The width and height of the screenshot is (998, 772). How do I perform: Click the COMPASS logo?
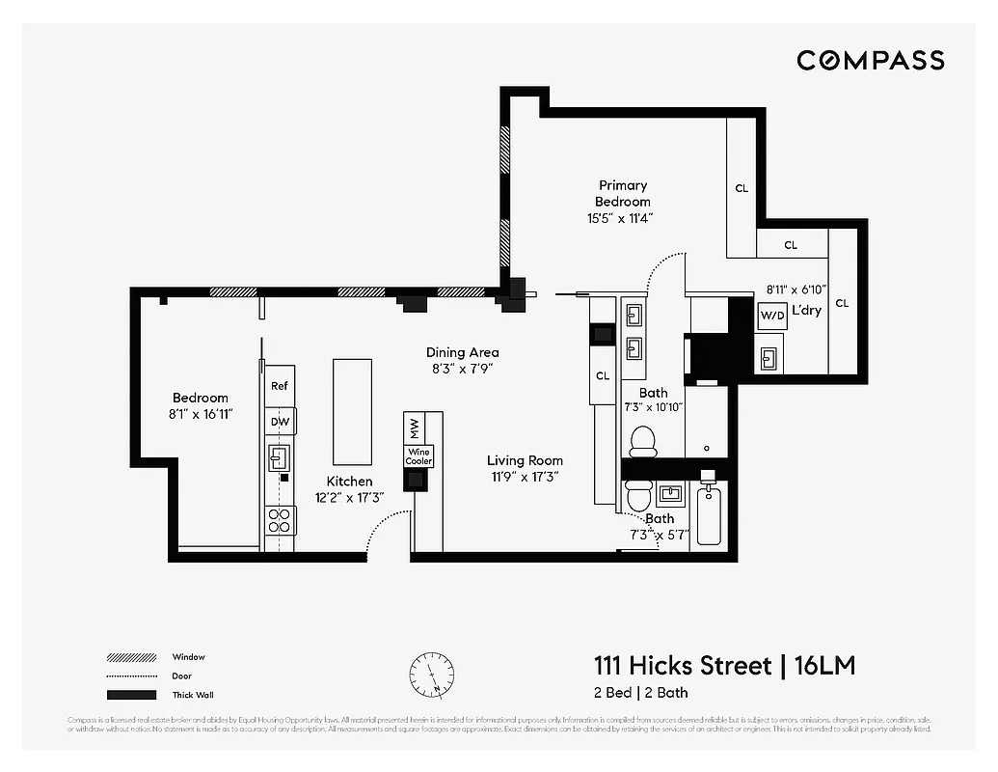tap(870, 61)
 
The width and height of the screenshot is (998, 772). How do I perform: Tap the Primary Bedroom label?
tap(623, 193)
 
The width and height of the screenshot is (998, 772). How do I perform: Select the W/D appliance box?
tap(772, 316)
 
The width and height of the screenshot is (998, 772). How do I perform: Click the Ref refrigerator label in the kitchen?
tap(279, 386)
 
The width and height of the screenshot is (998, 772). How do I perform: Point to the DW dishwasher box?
tap(280, 422)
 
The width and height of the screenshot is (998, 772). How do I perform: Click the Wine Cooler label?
tap(418, 456)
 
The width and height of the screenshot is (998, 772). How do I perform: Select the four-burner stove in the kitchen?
tap(280, 520)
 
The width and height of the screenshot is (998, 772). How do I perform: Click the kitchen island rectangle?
tap(352, 412)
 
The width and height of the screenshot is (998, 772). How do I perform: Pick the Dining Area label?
tap(463, 352)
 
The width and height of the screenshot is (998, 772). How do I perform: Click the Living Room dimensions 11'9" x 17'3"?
tap(525, 476)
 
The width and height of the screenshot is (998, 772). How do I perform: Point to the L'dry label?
tap(806, 311)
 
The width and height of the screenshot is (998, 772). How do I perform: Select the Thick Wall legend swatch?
tap(131, 695)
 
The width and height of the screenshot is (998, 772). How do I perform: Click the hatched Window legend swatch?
tap(131, 657)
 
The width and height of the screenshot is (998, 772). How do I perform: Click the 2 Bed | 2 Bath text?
tap(640, 693)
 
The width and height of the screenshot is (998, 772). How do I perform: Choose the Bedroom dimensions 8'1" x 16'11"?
tap(201, 414)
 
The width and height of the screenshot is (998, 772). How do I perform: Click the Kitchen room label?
tap(349, 481)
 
